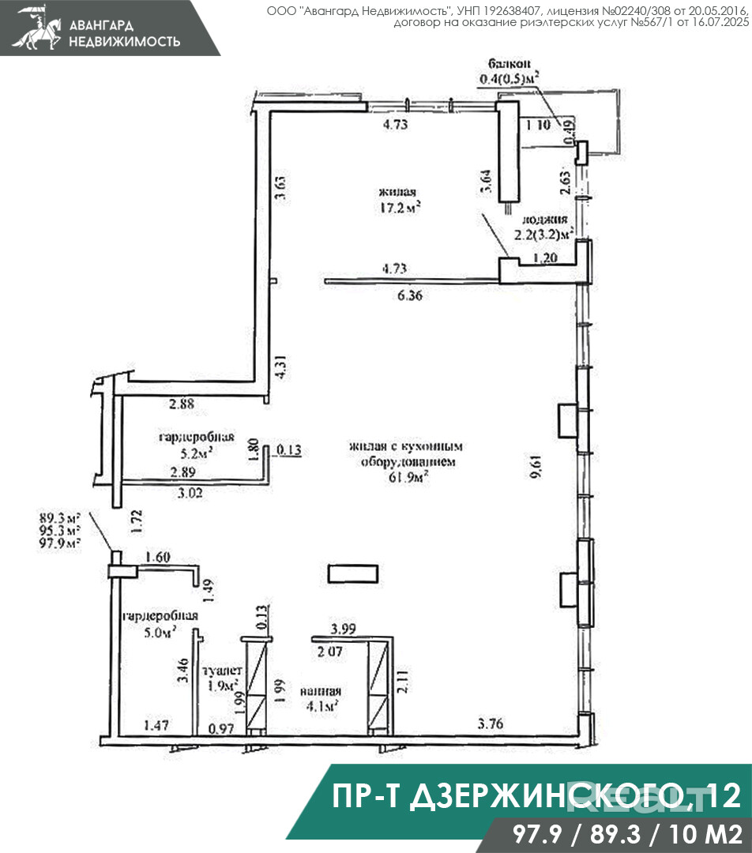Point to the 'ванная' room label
[320, 690]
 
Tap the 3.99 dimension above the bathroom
[343, 629]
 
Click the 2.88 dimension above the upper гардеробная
[181, 404]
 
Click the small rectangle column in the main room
[355, 573]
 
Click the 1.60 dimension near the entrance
[156, 556]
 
